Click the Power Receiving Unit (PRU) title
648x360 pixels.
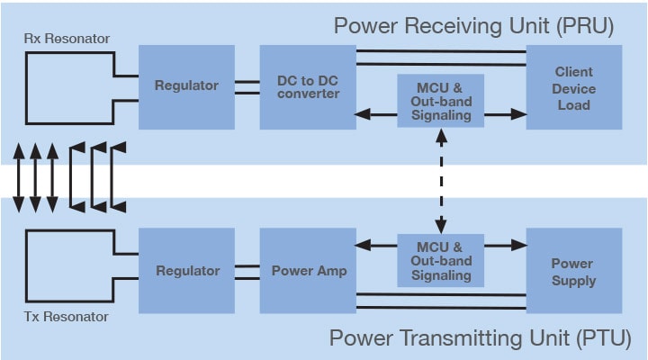[x=473, y=24]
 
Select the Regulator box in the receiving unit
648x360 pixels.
[x=186, y=86]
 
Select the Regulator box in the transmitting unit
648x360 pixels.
[x=186, y=271]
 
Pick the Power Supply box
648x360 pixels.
[x=573, y=272]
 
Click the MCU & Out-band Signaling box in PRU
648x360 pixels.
[x=440, y=101]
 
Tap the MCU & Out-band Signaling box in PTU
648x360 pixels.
[x=440, y=260]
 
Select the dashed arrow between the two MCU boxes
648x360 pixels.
[x=440, y=180]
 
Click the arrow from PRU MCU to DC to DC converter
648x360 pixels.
[x=376, y=114]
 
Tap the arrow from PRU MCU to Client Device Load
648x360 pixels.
[x=505, y=114]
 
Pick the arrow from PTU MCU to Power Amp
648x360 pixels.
[x=376, y=245]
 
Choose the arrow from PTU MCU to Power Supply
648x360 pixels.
[x=505, y=245]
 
